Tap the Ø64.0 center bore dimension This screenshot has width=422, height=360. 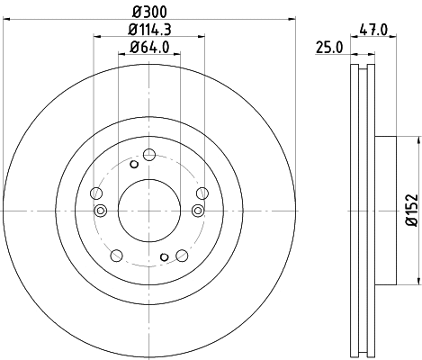tap(149, 48)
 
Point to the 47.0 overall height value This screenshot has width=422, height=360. tap(373, 29)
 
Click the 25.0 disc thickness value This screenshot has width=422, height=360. tap(329, 47)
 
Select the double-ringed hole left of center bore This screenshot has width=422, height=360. tap(101, 211)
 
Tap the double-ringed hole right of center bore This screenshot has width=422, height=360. tap(199, 211)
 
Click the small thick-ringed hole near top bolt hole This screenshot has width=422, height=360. tap(134, 164)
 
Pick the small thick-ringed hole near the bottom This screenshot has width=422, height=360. tap(165, 257)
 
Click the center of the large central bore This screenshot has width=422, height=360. tap(149, 210)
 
